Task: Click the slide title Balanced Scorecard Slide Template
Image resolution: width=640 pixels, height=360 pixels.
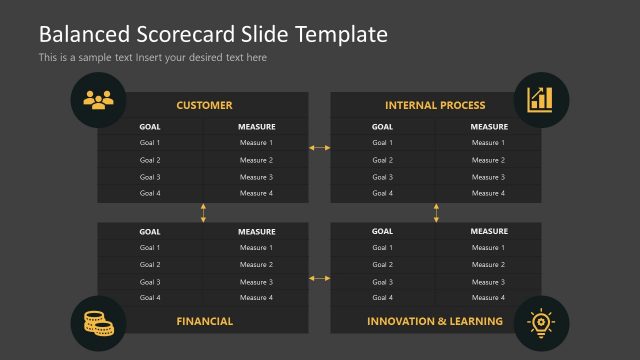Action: [x=212, y=34]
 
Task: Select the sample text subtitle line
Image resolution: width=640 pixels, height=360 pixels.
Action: [x=152, y=58]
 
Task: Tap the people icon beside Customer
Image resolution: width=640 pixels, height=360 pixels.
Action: [x=98, y=99]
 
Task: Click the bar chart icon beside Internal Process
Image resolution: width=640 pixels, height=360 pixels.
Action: [x=541, y=99]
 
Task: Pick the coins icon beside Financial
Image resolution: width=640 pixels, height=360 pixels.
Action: [x=98, y=322]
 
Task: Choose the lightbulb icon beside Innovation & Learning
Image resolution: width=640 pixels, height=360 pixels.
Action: [x=541, y=322]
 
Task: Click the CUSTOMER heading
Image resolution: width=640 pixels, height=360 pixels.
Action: [x=204, y=105]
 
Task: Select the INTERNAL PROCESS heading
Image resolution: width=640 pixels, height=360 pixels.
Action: [x=435, y=105]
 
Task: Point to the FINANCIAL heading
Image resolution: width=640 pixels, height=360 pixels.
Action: [x=204, y=321]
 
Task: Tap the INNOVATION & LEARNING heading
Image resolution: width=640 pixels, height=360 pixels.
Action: [x=435, y=321]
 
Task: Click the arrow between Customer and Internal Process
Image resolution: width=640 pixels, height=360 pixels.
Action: [x=319, y=148]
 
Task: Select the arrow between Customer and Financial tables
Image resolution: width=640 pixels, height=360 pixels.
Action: [x=204, y=213]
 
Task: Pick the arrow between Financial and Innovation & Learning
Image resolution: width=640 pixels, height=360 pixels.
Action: [x=319, y=278]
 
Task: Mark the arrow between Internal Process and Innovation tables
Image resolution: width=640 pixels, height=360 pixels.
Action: [x=436, y=213]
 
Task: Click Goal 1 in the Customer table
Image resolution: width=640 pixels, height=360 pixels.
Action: [x=150, y=143]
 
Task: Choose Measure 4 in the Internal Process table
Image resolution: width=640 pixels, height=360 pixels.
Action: [x=489, y=193]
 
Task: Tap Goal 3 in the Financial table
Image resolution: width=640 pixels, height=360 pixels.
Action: [x=150, y=282]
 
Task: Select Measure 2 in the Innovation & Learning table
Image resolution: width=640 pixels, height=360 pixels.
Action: [x=489, y=265]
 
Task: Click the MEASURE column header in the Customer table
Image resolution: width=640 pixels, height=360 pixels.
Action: [x=256, y=127]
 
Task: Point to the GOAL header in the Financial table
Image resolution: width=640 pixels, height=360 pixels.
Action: [x=150, y=232]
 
